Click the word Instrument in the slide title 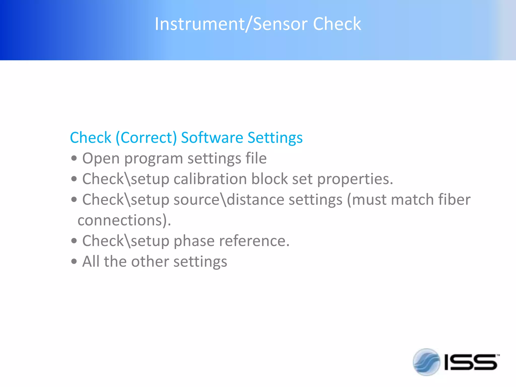199,24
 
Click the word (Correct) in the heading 146,138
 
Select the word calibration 210,179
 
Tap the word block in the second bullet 269,179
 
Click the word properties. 355,179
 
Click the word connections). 124,220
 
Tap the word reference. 254,241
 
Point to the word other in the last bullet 150,262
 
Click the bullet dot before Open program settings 74,159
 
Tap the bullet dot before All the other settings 74,262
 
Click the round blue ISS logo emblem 426,362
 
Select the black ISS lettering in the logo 470,362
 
